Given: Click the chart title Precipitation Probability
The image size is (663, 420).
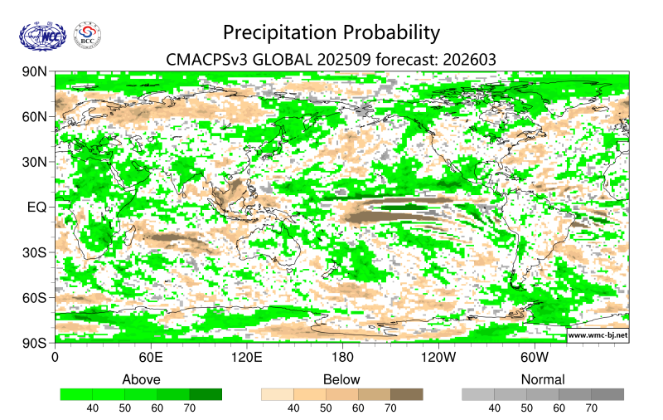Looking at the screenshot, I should click(x=331, y=33).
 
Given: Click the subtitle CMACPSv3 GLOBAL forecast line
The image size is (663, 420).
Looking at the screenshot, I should click(x=331, y=60).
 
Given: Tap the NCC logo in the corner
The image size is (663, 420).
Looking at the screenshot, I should click(x=41, y=36).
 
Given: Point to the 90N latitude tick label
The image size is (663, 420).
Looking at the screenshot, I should click(x=36, y=72).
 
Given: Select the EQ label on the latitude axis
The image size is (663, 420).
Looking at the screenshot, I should click(x=39, y=207).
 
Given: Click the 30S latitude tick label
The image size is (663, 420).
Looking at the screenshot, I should click(x=36, y=252).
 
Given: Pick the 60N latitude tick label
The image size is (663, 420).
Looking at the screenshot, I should click(x=36, y=117).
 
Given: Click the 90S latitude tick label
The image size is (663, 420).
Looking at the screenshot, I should click(x=36, y=342).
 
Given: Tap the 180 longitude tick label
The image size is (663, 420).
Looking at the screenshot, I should click(x=341, y=358).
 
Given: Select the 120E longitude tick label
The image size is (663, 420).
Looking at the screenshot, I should click(x=246, y=358).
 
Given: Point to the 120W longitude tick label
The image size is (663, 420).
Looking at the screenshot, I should click(x=438, y=358).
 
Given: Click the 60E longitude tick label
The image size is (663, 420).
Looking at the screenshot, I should click(x=150, y=358).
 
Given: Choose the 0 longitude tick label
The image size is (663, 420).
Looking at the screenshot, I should click(x=55, y=358).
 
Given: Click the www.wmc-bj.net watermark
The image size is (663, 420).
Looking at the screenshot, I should click(x=598, y=335).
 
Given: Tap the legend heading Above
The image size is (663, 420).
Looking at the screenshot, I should click(x=141, y=379).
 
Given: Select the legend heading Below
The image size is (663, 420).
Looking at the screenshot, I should click(x=341, y=379).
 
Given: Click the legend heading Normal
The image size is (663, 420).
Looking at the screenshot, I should click(x=542, y=379).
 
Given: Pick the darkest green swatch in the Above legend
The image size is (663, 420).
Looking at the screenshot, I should click(x=206, y=394).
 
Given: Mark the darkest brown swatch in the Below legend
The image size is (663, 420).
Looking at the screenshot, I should click(x=406, y=394).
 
